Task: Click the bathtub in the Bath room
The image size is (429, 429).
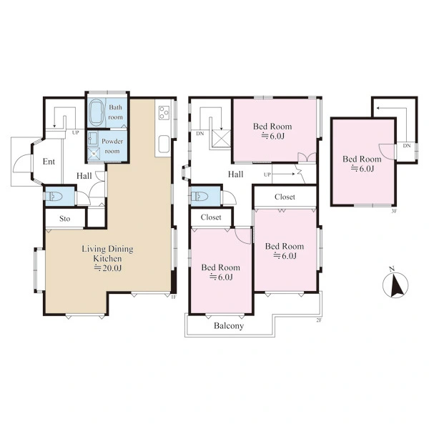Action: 97,112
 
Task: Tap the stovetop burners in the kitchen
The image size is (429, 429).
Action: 164,112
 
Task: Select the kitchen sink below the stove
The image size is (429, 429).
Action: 164,144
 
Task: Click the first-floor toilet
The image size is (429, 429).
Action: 54,196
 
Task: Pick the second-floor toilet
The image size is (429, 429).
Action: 199,196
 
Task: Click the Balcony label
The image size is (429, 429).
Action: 229,326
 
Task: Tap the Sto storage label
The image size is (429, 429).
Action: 65,219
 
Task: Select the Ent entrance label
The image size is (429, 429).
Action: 49,162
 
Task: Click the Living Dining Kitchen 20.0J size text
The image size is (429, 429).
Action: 108,268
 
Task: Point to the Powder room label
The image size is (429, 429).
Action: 112,146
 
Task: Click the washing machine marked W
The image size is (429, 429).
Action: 94,154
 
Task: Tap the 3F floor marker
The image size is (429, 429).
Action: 394,211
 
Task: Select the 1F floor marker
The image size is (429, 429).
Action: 173,297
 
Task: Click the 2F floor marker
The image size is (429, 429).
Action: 318,320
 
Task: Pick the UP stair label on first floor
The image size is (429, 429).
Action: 76,133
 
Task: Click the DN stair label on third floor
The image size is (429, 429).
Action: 407,146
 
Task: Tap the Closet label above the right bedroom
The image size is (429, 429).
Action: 285,197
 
